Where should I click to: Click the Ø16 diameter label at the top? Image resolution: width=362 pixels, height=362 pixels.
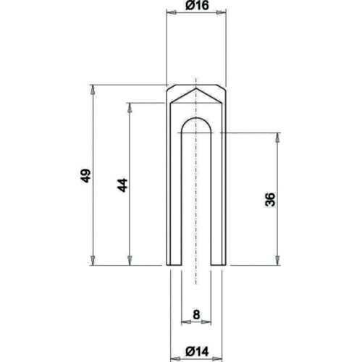(x=197, y=6)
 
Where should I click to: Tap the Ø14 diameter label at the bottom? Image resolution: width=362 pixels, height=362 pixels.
(x=197, y=352)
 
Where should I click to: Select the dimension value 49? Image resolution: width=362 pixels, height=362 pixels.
(x=85, y=176)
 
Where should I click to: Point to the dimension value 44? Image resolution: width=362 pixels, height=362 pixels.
(x=122, y=185)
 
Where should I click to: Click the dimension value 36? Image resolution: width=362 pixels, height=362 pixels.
(x=270, y=199)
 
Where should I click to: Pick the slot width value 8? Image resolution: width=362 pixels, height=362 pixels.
(x=196, y=314)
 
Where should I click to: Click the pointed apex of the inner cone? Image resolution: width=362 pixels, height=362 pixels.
(x=196, y=88)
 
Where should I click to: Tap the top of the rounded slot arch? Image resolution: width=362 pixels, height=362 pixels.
(x=196, y=118)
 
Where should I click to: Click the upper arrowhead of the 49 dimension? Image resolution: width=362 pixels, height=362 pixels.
(x=93, y=90)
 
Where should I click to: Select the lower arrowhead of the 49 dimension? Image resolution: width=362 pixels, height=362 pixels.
(x=93, y=261)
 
